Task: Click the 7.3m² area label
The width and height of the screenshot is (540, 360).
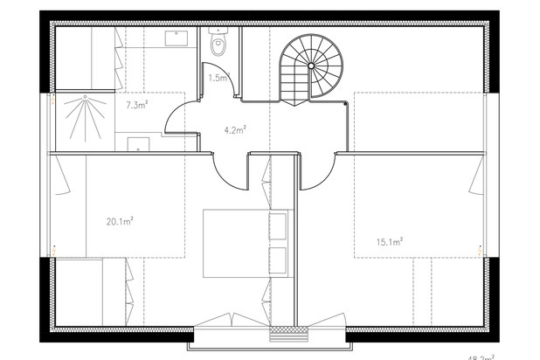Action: click(x=136, y=105)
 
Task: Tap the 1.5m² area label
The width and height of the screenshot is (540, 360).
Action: click(x=218, y=78)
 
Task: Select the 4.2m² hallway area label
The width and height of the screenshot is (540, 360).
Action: click(x=234, y=130)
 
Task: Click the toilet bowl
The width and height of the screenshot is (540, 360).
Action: click(x=218, y=43)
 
